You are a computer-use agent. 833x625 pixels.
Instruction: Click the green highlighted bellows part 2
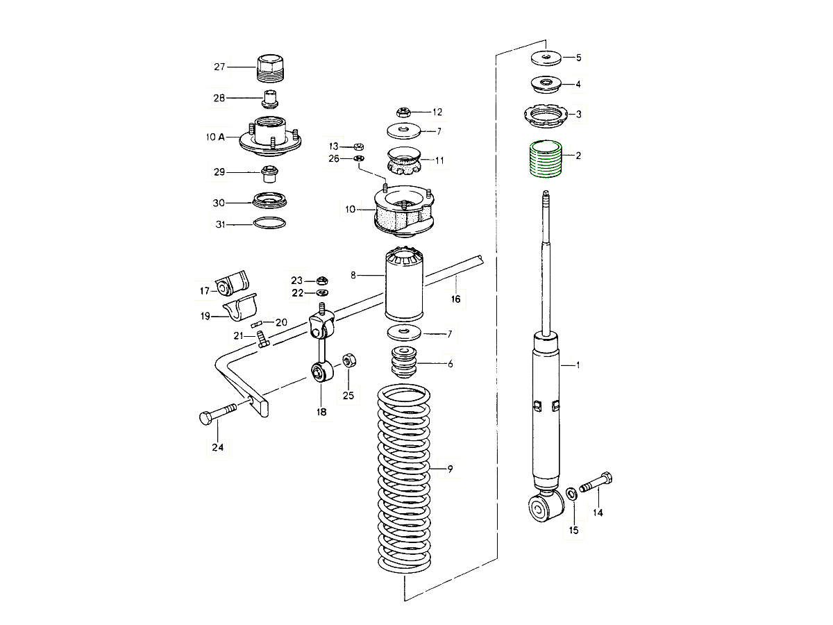(546, 159)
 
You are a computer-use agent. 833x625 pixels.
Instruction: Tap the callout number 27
(219, 67)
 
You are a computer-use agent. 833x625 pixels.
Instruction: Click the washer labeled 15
(571, 494)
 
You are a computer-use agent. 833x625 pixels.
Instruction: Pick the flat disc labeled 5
(546, 57)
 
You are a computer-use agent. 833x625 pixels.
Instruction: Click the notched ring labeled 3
(546, 113)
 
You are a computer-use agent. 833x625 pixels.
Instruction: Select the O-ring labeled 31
(269, 224)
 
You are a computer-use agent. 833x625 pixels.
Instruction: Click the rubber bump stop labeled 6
(403, 362)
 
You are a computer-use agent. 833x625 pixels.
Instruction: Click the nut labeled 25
(349, 361)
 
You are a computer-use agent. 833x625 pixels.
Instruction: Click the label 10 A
(215, 137)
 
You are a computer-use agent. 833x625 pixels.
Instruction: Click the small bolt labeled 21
(262, 340)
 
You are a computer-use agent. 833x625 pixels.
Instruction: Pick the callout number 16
(455, 299)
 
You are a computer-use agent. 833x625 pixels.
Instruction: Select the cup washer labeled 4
(546, 85)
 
